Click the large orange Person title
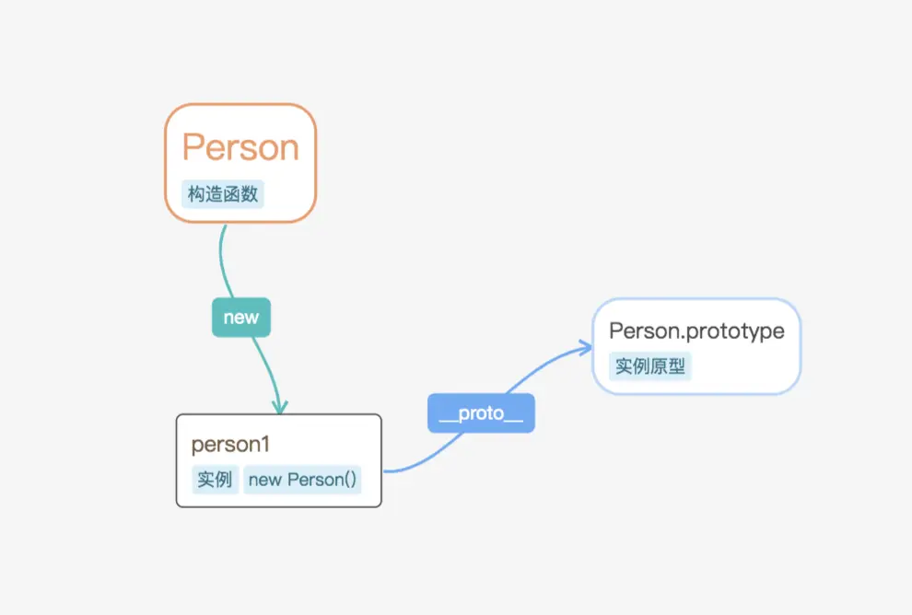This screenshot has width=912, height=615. click(x=240, y=147)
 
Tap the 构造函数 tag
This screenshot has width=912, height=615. click(x=222, y=194)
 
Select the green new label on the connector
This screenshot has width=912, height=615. click(x=241, y=318)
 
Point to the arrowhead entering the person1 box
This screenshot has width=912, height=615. click(x=279, y=406)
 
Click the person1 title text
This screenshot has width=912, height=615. click(x=230, y=445)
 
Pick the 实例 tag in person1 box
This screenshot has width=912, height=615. click(x=214, y=480)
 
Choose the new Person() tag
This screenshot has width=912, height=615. click(x=302, y=480)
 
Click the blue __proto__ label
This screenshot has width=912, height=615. click(x=481, y=413)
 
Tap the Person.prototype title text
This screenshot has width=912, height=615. click(x=696, y=331)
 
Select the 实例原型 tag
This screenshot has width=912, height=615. click(x=650, y=366)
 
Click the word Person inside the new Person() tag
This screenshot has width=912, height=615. click(x=322, y=480)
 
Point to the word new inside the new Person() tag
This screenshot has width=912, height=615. click(x=265, y=480)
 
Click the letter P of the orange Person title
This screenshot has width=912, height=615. click(x=193, y=147)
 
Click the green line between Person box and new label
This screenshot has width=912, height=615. click(x=223, y=262)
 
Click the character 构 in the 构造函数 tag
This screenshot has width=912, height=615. click(x=196, y=194)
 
